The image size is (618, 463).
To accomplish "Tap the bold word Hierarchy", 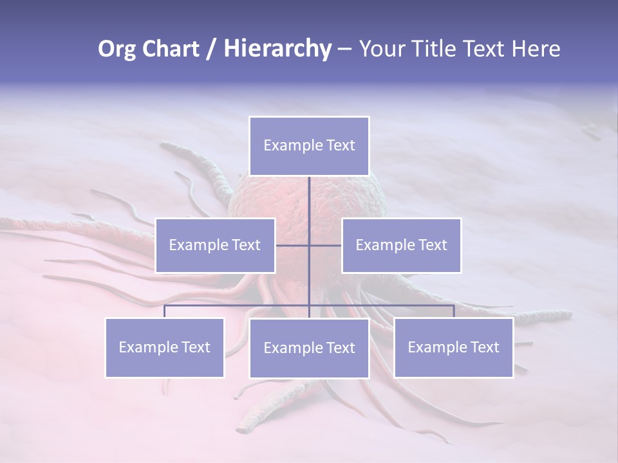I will pos(277,49).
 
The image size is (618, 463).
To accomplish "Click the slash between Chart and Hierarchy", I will pos(211,50).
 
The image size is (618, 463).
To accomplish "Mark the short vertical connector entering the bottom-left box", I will pos(165,311).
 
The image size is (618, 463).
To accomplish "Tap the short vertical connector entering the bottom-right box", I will pos(454,311).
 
